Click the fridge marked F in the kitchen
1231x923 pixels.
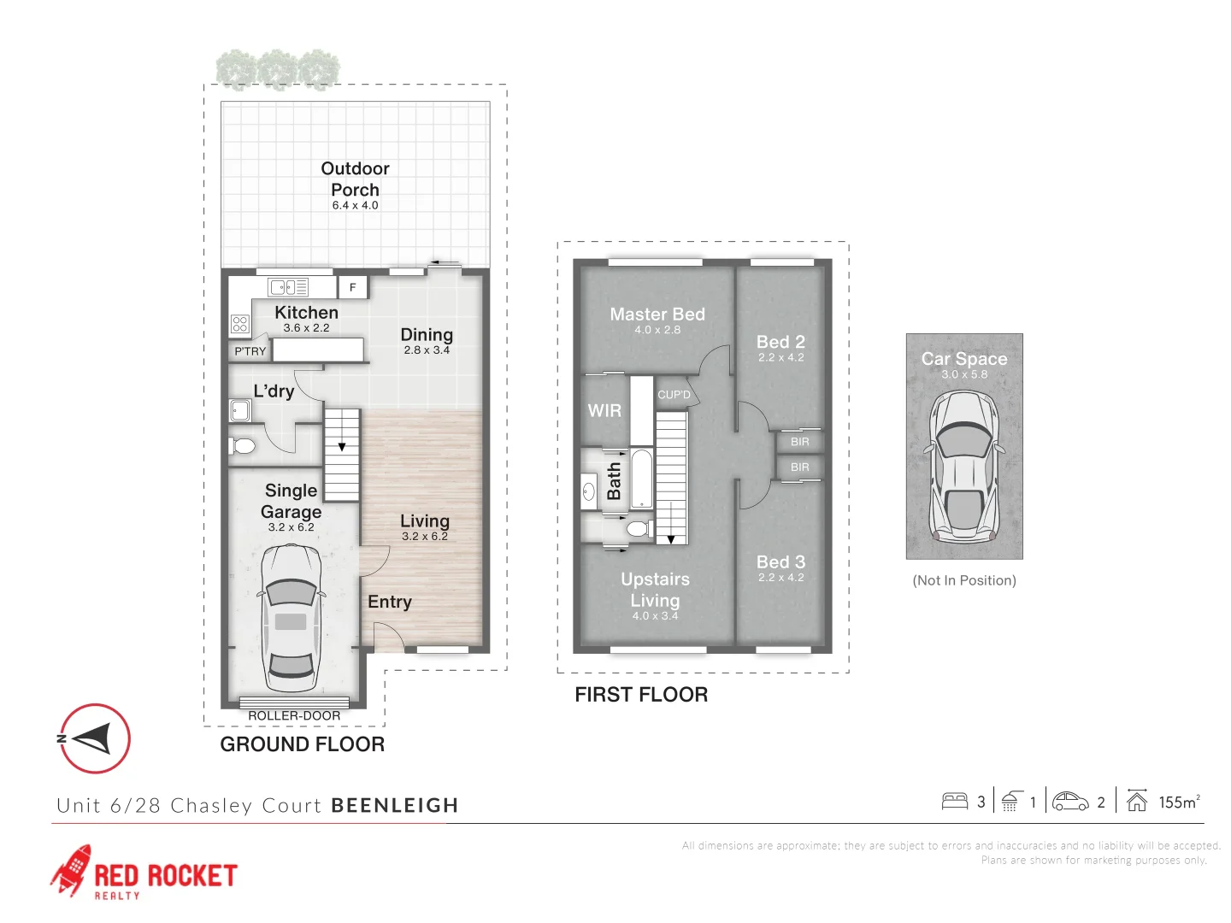click(352, 287)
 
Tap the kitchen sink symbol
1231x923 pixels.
click(288, 287)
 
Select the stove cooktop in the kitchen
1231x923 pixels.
click(239, 324)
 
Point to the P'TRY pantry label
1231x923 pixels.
click(250, 351)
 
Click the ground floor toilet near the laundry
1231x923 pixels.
click(242, 446)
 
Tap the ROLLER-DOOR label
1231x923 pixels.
click(294, 715)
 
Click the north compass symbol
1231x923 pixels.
click(95, 738)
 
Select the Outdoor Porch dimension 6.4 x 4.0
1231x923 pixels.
click(355, 206)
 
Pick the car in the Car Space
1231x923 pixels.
click(963, 467)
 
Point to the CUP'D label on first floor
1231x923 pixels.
click(674, 395)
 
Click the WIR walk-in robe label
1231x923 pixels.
click(604, 411)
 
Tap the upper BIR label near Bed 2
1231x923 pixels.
click(799, 442)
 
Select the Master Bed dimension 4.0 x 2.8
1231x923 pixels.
click(657, 330)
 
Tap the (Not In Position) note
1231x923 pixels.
click(964, 580)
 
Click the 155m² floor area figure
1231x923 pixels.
click(1179, 802)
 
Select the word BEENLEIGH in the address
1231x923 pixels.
click(395, 805)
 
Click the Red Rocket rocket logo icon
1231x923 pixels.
click(71, 870)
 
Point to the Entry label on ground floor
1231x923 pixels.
click(390, 602)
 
